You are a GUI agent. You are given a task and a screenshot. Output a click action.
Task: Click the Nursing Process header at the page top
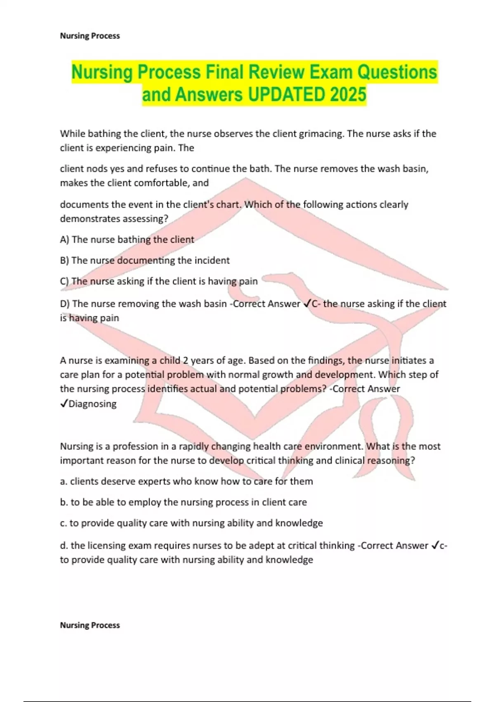pos(90,36)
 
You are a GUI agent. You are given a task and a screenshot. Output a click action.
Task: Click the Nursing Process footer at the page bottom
pos(90,625)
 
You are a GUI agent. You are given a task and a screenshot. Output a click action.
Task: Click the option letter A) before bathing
pos(65,240)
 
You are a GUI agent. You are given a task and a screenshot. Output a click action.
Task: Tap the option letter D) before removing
pos(65,304)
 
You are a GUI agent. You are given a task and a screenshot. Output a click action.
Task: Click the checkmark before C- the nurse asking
pos(307,304)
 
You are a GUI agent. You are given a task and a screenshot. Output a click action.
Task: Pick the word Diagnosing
pos(92,404)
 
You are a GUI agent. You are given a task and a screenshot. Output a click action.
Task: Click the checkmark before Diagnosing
pos(64,404)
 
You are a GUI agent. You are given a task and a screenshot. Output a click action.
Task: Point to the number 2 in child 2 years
pos(186,360)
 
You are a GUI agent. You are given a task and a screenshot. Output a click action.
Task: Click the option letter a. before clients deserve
pos(64,481)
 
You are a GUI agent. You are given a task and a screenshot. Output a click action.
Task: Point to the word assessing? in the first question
pos(146,219)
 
